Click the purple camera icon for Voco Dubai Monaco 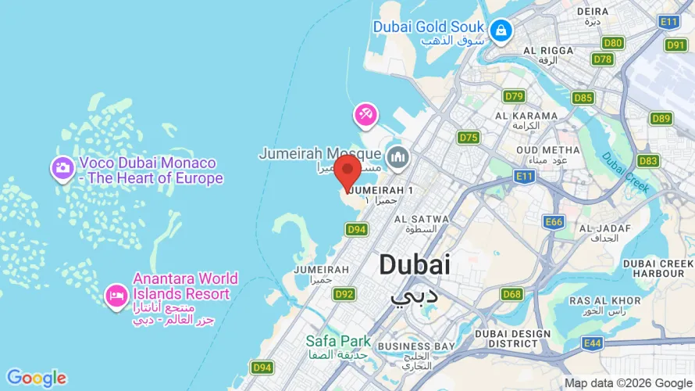(62, 167)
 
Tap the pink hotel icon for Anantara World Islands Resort (116, 296)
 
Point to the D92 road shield (344, 294)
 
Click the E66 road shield (554, 222)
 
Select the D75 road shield (469, 138)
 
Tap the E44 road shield (593, 343)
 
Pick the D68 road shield (512, 294)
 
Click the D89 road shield (661, 118)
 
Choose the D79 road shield (514, 96)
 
